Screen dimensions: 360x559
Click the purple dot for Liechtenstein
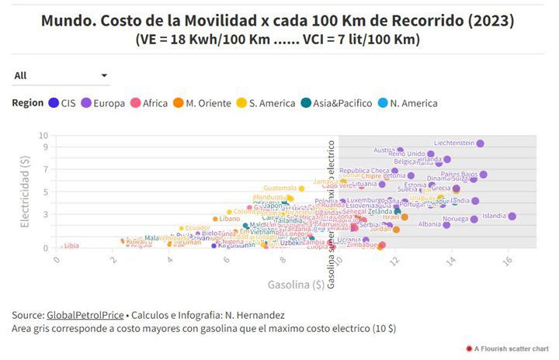pos(481,144)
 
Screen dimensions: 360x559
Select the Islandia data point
pos(512,216)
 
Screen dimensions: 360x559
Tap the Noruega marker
pos(474,220)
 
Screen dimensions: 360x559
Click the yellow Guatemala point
pos(302,189)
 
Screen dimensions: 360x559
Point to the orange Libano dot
pos(215,219)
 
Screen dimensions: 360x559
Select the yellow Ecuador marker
pos(182,228)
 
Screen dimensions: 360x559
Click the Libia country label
pos(71,246)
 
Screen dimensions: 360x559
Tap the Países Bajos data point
pos(483,175)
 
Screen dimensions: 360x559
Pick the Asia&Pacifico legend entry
pos(339,103)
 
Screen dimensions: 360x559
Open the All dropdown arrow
pos(104,75)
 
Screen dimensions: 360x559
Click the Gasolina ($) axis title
pos(296,285)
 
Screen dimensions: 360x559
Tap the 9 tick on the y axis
pos(46,147)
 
